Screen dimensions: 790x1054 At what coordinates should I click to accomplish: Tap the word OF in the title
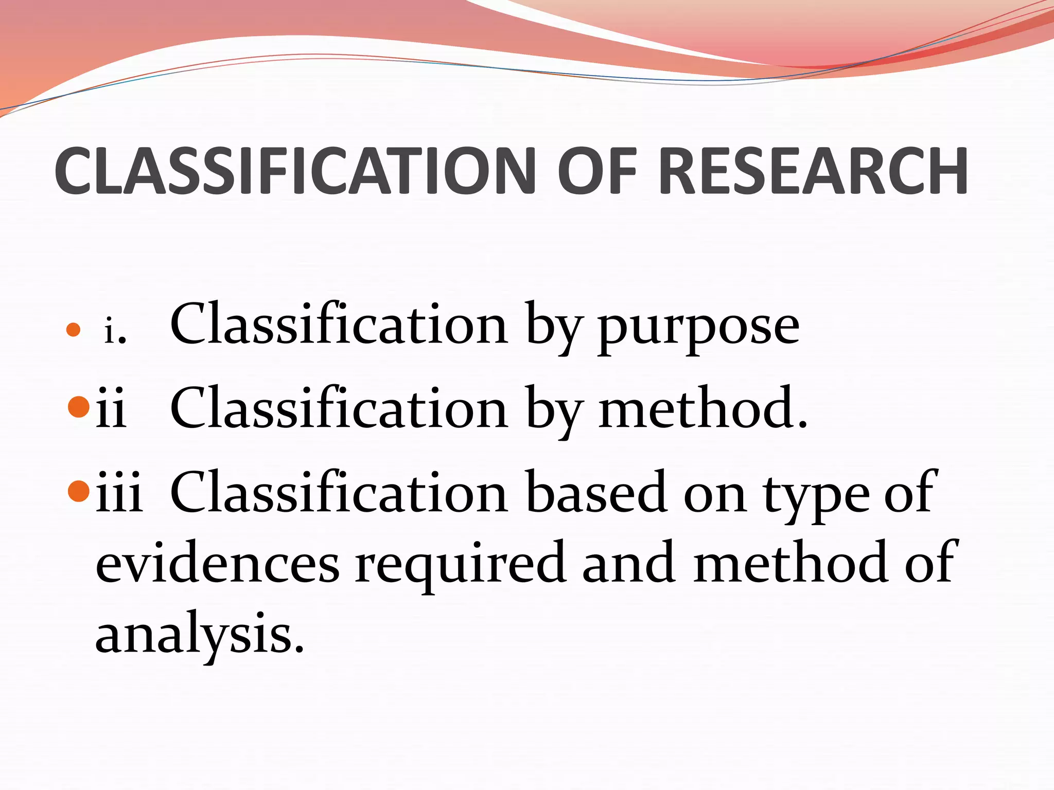coord(598,171)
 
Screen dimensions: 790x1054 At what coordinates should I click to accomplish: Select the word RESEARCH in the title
coord(813,171)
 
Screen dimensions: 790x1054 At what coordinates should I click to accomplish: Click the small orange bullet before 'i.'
coord(74,330)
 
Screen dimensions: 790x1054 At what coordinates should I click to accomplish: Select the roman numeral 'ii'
coord(111,409)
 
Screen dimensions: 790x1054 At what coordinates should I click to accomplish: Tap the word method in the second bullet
coord(702,409)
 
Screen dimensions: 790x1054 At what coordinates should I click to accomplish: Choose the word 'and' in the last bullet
coord(629,563)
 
